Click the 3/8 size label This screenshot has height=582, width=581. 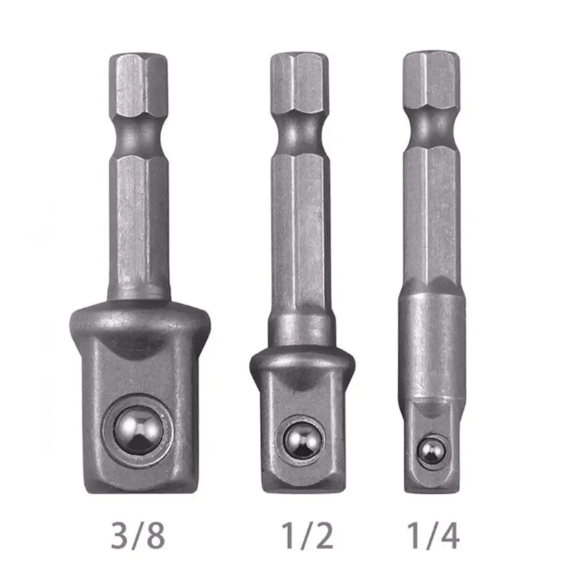point(138,535)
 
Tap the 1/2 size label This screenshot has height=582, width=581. point(307,535)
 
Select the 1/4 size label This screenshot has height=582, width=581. point(434,535)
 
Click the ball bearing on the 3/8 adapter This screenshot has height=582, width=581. point(138,430)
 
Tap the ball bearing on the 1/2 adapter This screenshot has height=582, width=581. point(303,441)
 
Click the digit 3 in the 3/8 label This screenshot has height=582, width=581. point(119,536)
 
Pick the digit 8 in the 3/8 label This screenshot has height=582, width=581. point(156,536)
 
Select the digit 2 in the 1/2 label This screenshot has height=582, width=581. point(324,535)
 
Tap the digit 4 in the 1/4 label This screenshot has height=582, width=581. point(450,535)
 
